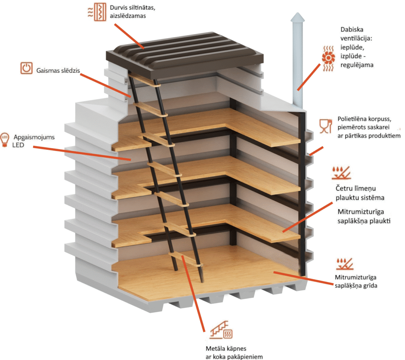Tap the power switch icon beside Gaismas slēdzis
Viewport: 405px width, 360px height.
tap(26, 68)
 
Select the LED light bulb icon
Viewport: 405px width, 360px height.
tap(6, 140)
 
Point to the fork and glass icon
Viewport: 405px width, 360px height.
tap(325, 125)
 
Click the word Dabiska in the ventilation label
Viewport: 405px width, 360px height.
tap(351, 30)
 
